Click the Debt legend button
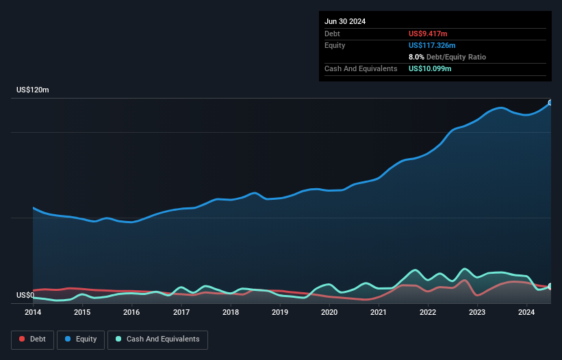tap(31, 339)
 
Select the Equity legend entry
tap(81, 339)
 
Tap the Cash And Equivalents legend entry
tap(157, 339)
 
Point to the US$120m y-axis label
tap(33, 90)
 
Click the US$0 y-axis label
tap(25, 296)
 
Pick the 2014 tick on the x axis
tap(33, 313)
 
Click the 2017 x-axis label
tap(181, 313)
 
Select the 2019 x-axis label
tap(280, 313)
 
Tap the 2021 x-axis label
tap(379, 313)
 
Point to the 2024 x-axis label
tap(526, 313)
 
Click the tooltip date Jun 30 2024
tap(345, 21)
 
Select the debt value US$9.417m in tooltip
tap(428, 34)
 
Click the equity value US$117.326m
tap(432, 45)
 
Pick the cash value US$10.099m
tap(430, 68)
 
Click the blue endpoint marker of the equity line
tap(550, 103)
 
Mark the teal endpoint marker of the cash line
tap(550, 286)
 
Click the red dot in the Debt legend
tap(22, 339)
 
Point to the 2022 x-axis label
tap(428, 313)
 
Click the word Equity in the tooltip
tap(335, 45)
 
